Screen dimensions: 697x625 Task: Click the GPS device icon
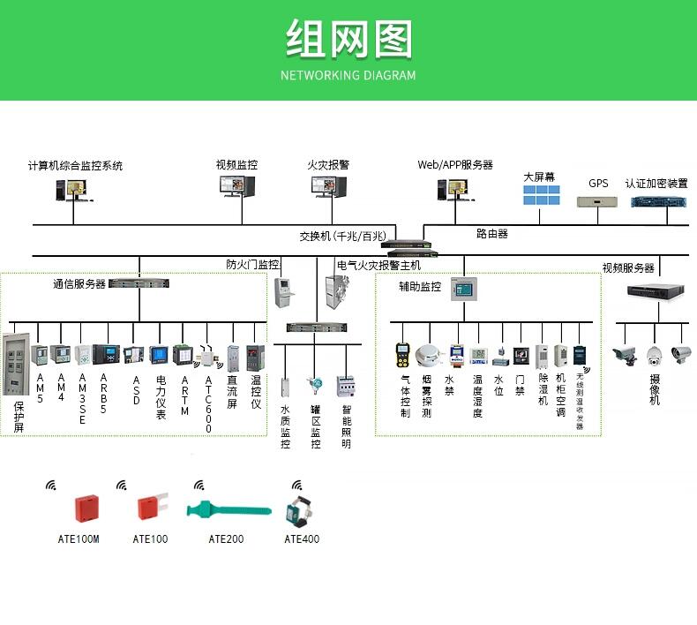click(x=597, y=202)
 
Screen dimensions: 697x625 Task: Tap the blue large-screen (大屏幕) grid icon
click(x=542, y=195)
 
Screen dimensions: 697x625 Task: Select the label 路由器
click(x=492, y=234)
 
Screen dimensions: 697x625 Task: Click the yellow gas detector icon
click(x=402, y=355)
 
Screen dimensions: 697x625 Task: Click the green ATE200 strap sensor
click(x=229, y=509)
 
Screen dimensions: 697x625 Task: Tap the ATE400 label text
click(x=302, y=539)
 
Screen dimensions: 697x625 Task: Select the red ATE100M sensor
click(x=86, y=508)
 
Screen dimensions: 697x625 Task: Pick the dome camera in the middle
click(x=655, y=356)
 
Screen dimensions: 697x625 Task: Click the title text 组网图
click(x=349, y=39)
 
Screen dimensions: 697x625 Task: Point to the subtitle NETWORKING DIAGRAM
click(x=348, y=75)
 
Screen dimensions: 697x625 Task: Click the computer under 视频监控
click(x=237, y=186)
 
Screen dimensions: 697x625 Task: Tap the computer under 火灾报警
click(x=329, y=186)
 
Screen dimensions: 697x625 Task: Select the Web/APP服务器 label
click(x=455, y=165)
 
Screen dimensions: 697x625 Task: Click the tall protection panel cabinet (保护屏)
click(x=17, y=364)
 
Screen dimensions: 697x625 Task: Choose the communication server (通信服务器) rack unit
click(x=139, y=282)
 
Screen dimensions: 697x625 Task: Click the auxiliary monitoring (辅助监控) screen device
click(x=463, y=290)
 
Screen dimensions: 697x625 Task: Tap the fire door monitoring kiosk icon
click(x=284, y=292)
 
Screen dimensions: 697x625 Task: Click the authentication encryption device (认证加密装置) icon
click(x=659, y=202)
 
